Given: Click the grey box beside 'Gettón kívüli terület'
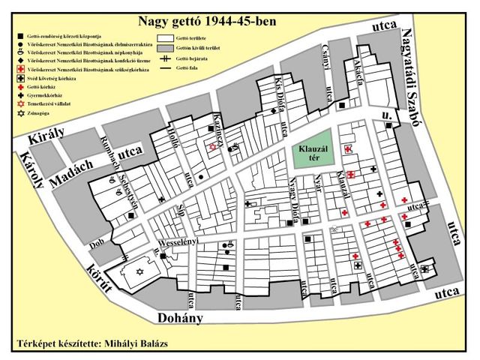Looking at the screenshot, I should pos(170,46).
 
